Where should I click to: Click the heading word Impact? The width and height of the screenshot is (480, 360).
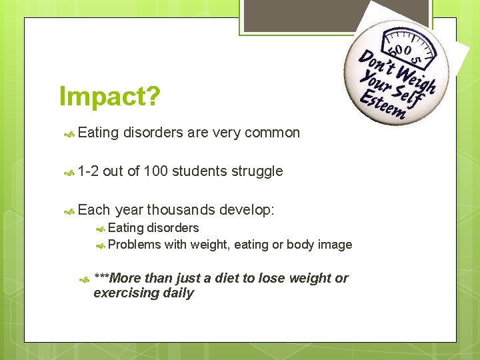(x=109, y=97)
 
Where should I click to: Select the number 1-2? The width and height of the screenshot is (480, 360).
(x=88, y=171)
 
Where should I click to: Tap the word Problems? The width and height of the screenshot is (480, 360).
(x=135, y=245)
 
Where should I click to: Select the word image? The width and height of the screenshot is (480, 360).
(x=335, y=245)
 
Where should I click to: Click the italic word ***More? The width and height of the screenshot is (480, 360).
(x=117, y=278)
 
